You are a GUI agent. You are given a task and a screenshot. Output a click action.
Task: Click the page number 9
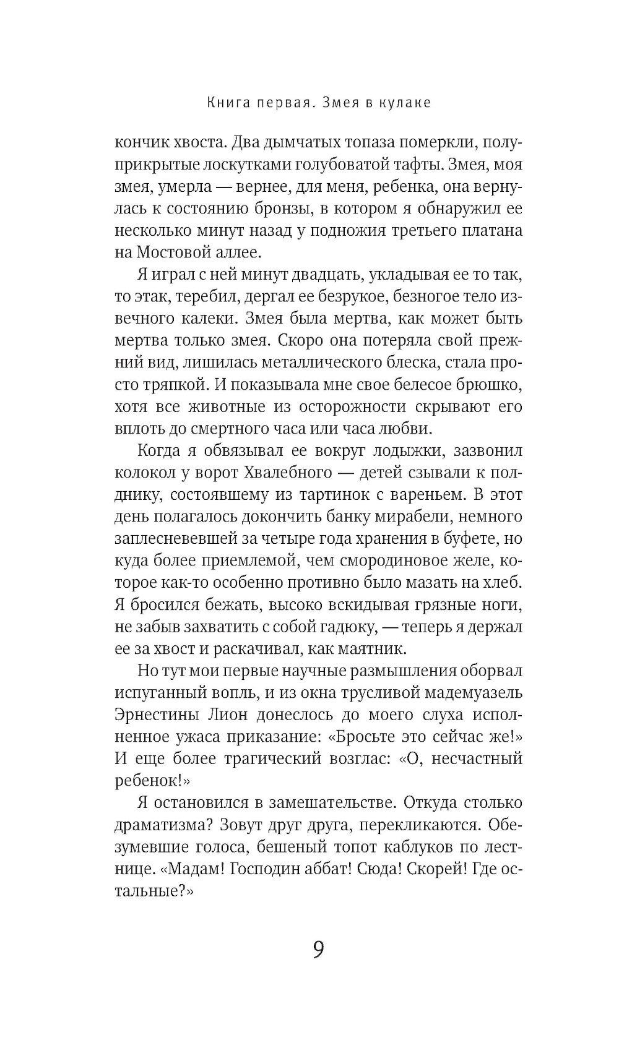[318, 949]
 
